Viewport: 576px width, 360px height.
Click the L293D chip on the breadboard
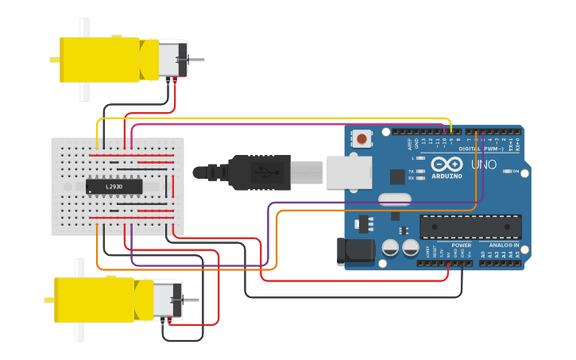[x=114, y=187]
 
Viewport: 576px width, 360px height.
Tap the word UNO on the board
[x=483, y=165]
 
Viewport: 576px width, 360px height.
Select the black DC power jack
[x=355, y=251]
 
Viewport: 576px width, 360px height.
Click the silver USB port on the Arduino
[x=349, y=172]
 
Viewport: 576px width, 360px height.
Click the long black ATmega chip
[x=470, y=226]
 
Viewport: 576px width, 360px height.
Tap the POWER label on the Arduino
[x=461, y=246]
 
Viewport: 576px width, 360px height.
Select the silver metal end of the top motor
[x=172, y=60]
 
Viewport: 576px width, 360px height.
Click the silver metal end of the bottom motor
[x=168, y=300]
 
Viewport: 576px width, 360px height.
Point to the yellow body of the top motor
[x=99, y=59]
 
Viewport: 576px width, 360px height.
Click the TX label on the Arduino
[x=411, y=171]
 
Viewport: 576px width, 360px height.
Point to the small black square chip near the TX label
[x=396, y=177]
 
